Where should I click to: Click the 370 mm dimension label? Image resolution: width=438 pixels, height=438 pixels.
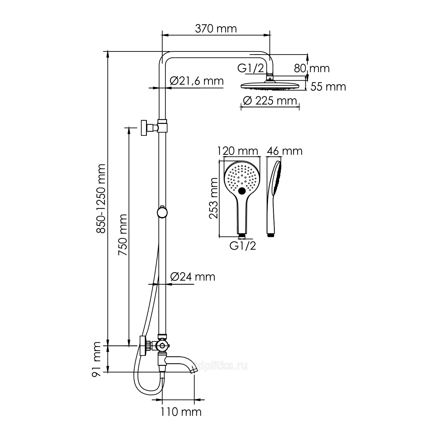click(216, 29)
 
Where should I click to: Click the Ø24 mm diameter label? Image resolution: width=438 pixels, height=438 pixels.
click(193, 276)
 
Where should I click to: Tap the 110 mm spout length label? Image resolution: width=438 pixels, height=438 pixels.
click(181, 412)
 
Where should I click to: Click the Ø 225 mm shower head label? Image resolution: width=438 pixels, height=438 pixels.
click(270, 101)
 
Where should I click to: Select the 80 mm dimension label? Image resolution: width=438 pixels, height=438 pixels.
click(312, 68)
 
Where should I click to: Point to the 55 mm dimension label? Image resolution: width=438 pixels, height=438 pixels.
click(328, 87)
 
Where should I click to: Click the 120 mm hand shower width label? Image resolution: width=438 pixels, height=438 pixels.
click(238, 151)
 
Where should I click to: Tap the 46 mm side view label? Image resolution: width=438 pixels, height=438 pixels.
click(285, 151)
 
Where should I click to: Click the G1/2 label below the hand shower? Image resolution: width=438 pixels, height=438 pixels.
click(243, 246)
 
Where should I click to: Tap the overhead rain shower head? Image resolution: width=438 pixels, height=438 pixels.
click(270, 85)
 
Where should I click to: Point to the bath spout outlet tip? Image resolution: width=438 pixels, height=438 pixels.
click(194, 370)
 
